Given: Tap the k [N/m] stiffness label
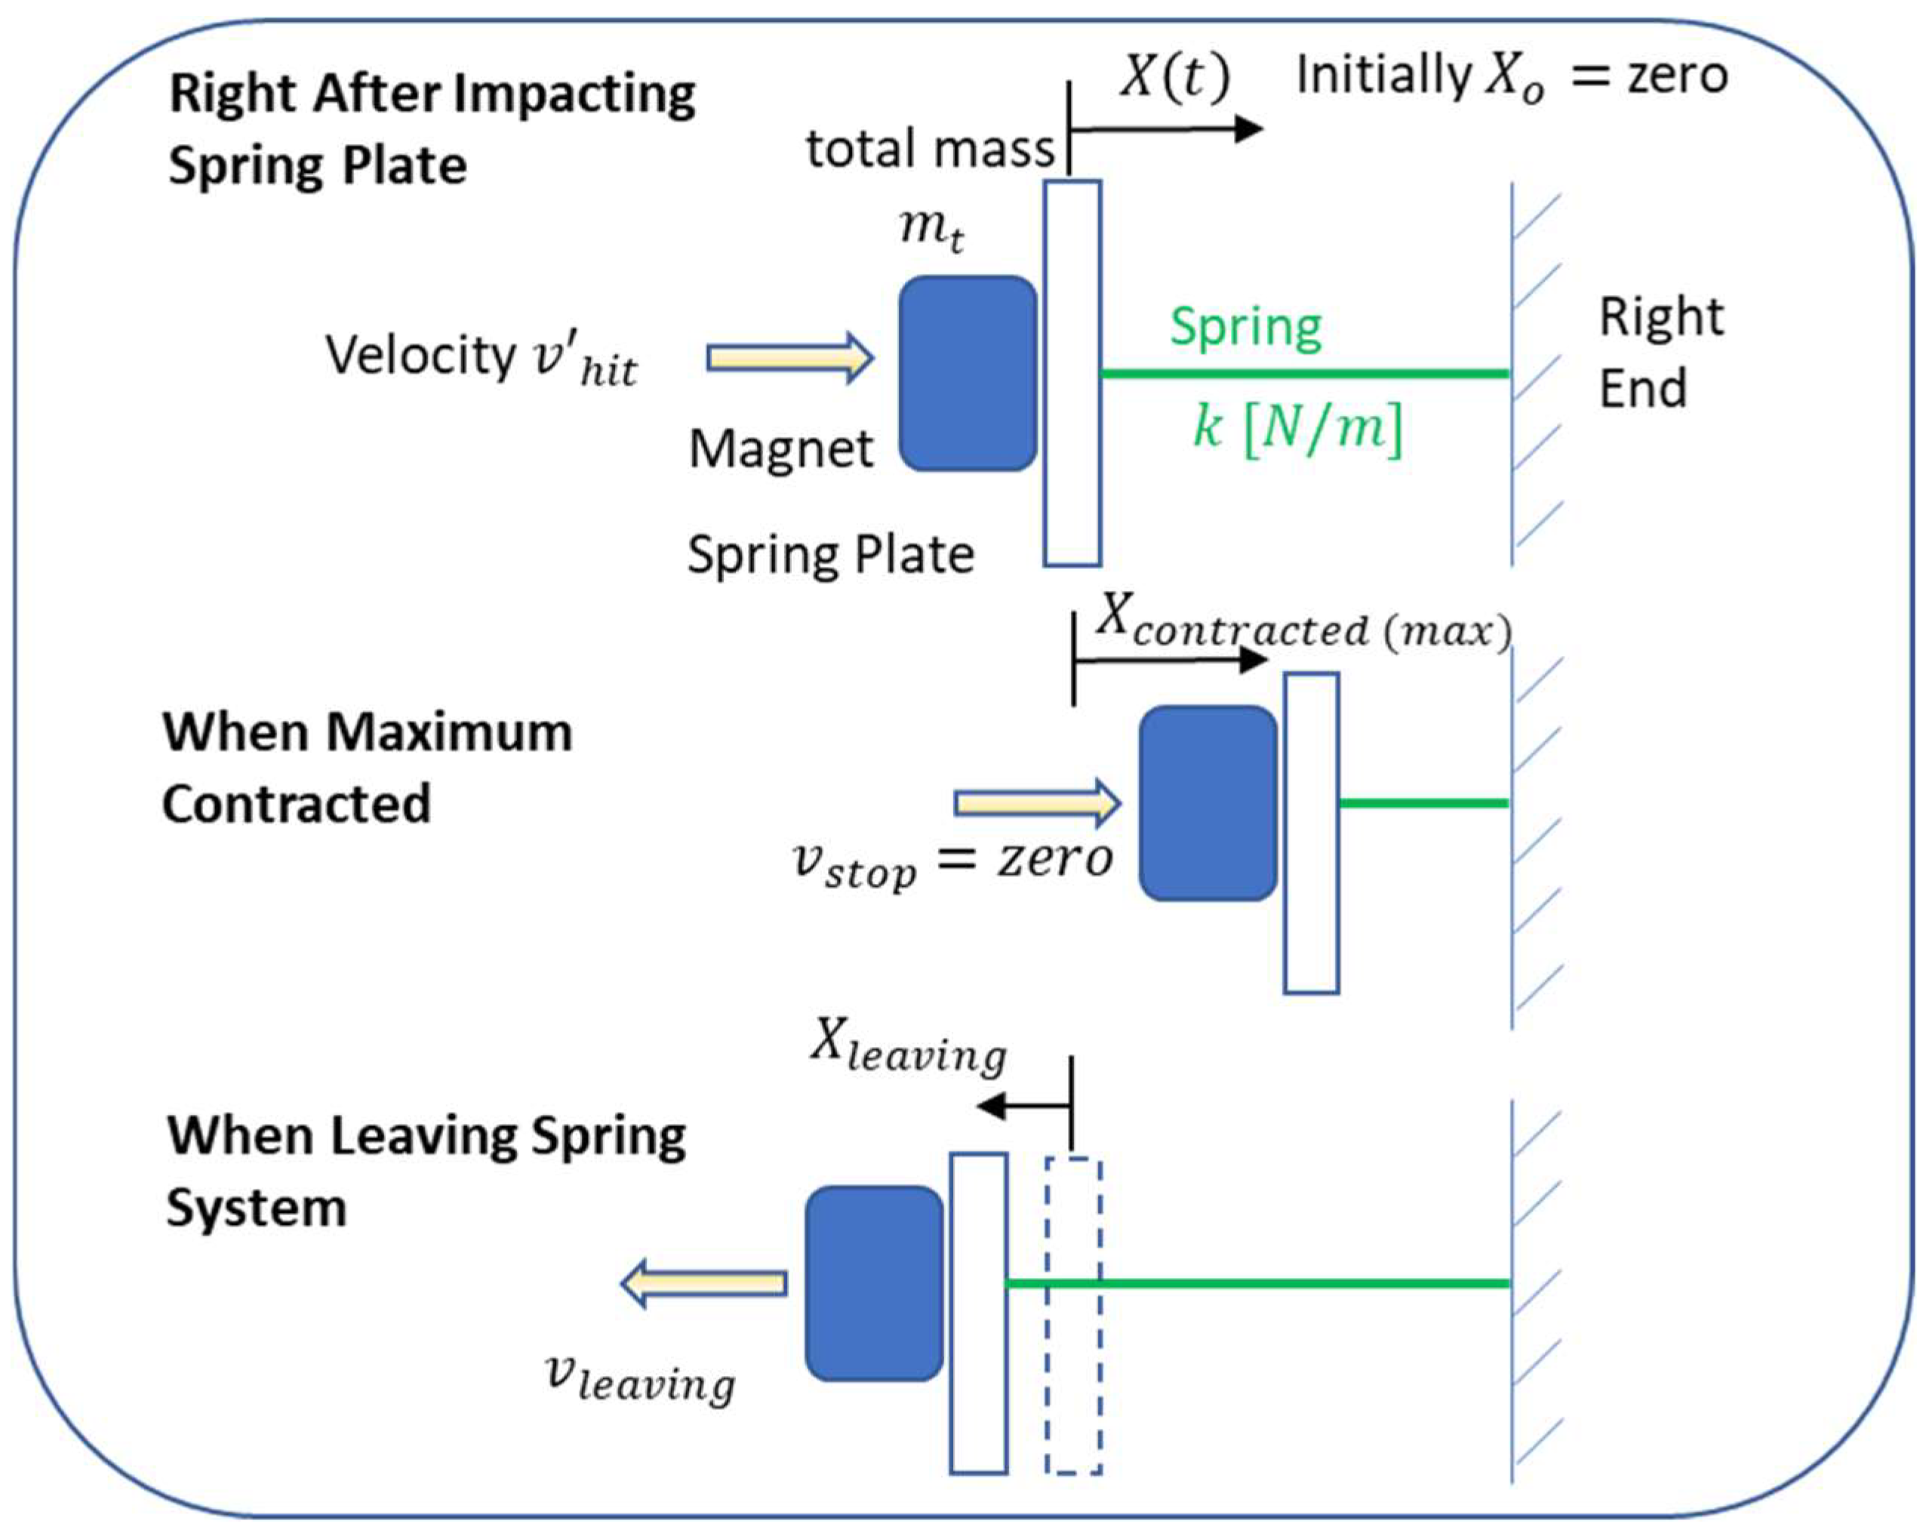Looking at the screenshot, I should point(1297,428).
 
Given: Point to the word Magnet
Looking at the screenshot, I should point(780,448).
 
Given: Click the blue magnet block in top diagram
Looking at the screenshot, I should point(968,373).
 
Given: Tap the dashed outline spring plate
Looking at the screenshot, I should point(1072,1315).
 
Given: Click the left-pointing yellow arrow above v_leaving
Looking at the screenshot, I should point(704,1284).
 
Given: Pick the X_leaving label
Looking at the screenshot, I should point(908,1048).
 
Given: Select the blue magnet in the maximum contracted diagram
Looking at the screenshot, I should point(1208,802).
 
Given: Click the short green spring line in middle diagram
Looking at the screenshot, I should point(1423,803).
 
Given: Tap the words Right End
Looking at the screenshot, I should point(1660,352).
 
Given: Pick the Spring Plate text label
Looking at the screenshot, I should point(830,555).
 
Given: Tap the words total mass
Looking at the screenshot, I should point(931,149).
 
